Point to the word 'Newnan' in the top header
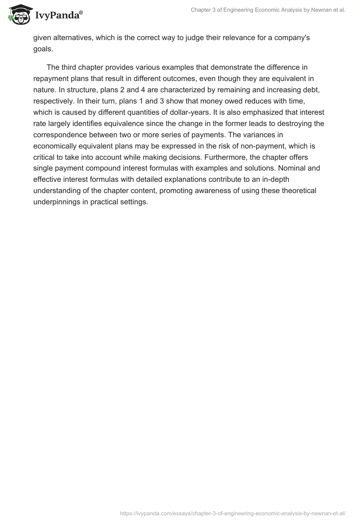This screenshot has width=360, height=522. point(323,10)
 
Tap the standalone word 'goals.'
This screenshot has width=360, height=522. point(44,48)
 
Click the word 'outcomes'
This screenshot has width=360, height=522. point(166,78)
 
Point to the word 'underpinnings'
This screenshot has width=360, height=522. point(56,202)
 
